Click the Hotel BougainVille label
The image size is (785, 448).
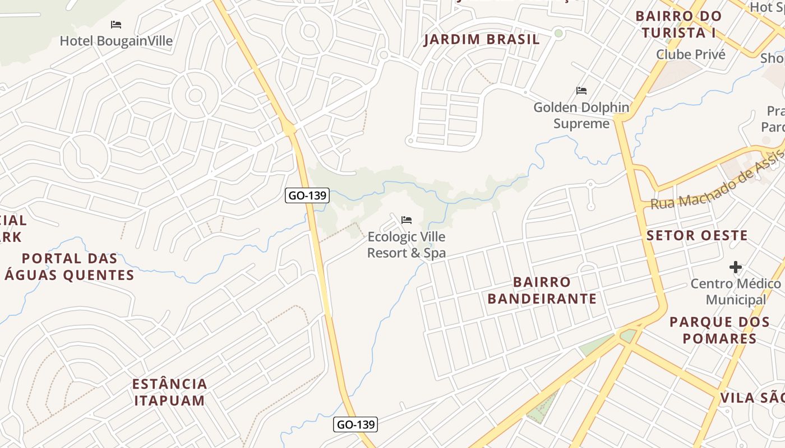coord(116,41)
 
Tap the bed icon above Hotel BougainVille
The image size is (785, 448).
coord(116,25)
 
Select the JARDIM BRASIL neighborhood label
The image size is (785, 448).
coord(482,39)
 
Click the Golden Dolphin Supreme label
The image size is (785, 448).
coord(581,115)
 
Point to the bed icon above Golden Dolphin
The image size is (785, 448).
coord(581,90)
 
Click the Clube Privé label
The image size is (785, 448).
coord(691,54)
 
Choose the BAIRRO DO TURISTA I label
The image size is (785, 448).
coord(678,24)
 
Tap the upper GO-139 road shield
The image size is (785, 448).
coord(307,195)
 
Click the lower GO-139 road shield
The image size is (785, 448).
coord(355,424)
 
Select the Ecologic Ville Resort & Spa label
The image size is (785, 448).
coord(407,245)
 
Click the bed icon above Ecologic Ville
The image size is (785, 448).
coord(407,220)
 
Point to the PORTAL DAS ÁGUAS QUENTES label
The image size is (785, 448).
coord(70,267)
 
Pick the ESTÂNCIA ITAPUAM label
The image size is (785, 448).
coord(170,392)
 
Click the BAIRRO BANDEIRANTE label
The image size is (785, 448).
coord(542,290)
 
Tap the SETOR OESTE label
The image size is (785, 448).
coord(697,235)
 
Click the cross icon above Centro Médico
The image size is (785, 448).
coord(736,267)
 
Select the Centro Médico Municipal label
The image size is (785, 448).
coord(736,292)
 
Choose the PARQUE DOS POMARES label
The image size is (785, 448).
coord(719,330)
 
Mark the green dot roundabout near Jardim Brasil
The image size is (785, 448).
coord(558,34)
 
